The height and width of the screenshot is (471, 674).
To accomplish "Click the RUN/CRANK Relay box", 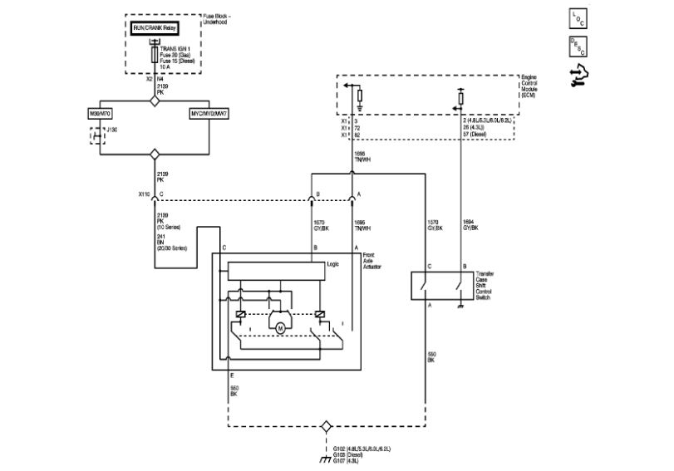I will pos(155,27).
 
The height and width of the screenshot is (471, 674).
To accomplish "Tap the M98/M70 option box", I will pos(100,112).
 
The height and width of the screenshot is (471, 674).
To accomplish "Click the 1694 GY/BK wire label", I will pos(470,225).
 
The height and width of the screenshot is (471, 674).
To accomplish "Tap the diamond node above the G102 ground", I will pos(327,426).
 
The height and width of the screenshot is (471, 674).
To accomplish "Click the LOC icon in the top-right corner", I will pos(576,17).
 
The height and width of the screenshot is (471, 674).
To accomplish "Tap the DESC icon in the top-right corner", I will pos(576,46).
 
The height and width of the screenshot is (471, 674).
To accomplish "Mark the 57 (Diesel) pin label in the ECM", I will pos(480,133).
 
